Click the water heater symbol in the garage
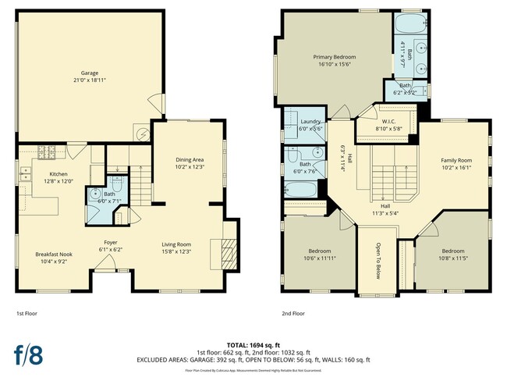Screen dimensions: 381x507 [x=143, y=134]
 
